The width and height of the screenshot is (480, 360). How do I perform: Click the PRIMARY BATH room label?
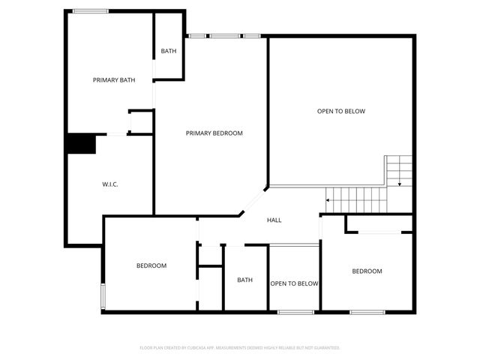[114, 80]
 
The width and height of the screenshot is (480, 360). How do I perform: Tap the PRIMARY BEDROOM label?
[214, 133]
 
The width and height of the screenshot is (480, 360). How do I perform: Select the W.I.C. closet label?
[110, 184]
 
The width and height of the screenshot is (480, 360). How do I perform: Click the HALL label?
[274, 220]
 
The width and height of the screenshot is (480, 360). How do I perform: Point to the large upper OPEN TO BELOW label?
[340, 112]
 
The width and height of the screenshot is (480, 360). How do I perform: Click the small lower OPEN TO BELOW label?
[295, 283]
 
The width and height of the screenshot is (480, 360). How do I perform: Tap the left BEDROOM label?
[151, 265]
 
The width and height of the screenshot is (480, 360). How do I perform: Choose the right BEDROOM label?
[367, 271]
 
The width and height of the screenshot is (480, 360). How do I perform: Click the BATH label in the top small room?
[169, 51]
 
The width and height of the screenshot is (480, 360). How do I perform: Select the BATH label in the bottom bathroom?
[245, 280]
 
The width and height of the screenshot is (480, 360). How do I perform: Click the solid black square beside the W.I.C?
[81, 143]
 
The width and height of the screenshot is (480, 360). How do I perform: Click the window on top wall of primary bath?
[91, 11]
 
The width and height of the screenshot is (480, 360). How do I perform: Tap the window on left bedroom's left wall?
[103, 296]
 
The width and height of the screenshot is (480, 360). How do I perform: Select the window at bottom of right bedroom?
[367, 312]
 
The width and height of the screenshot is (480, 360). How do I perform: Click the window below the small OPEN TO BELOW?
[295, 312]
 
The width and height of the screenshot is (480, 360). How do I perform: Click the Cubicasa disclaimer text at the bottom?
[240, 348]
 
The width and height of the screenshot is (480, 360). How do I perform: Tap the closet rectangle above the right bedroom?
[378, 223]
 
